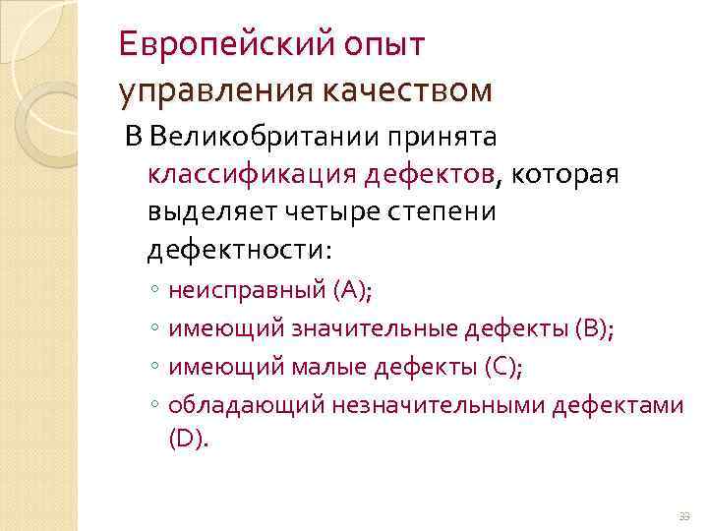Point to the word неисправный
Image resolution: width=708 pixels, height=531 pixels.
point(247,290)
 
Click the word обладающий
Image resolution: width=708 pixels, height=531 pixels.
point(247,404)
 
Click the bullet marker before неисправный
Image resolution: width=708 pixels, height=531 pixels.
point(155,292)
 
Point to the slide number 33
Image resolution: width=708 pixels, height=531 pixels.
point(684,515)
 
